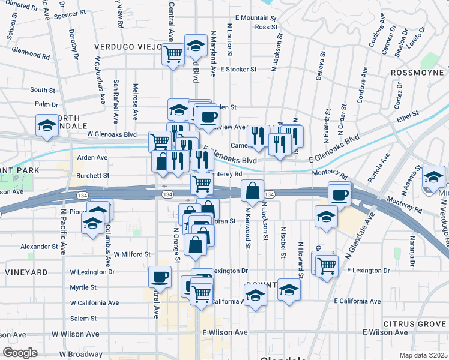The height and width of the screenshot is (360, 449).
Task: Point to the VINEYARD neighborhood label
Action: coord(26,272)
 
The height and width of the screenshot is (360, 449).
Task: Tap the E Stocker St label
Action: coord(238,69)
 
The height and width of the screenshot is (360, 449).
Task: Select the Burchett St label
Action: coord(92,176)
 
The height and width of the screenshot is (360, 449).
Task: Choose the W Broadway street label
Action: coord(78,354)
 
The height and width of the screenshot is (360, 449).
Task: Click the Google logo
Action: coord(20,353)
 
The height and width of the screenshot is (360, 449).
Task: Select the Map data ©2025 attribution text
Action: coord(424,355)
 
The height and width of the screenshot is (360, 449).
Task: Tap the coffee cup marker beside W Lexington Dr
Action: coord(160,277)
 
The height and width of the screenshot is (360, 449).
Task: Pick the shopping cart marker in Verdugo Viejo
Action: coord(173,54)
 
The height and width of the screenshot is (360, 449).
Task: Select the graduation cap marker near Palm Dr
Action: coord(47,126)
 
